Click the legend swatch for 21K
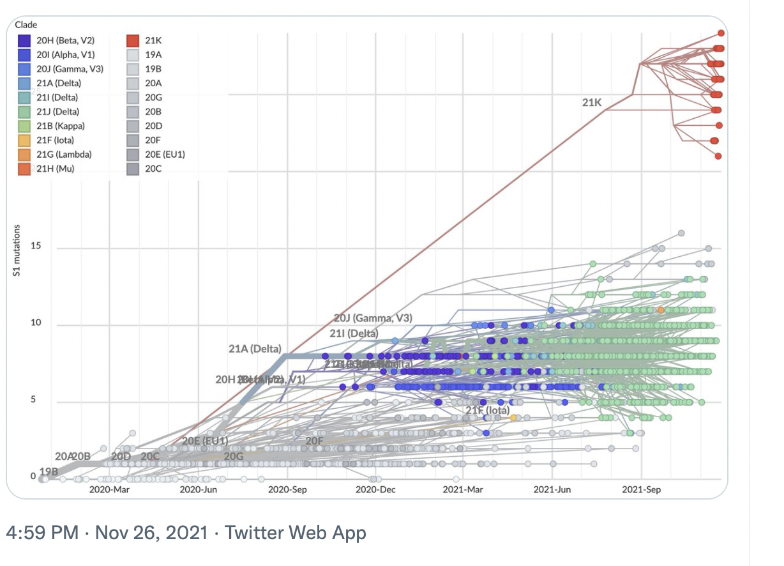pos(133,40)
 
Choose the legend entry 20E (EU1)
pos(165,155)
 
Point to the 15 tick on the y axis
pos(36,247)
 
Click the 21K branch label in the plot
pos(592,102)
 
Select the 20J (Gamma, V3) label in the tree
pos(373,318)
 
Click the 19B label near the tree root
pos(49,471)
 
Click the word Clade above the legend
pos(26,25)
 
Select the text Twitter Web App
pos(296,533)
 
